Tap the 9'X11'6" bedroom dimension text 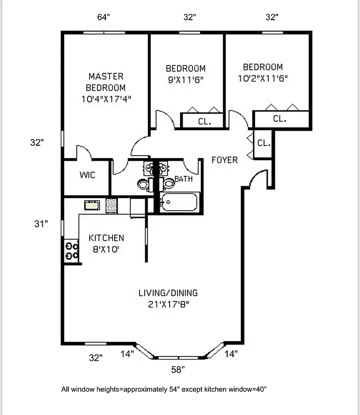pyautogui.click(x=185, y=80)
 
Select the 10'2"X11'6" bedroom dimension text pyautogui.click(x=262, y=78)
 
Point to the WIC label pyautogui.click(x=87, y=175)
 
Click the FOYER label pyautogui.click(x=225, y=160)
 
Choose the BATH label pyautogui.click(x=183, y=179)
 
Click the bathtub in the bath pyautogui.click(x=178, y=202)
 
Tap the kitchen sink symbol pyautogui.click(x=92, y=205)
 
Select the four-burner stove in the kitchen pyautogui.click(x=72, y=251)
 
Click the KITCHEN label pyautogui.click(x=106, y=238)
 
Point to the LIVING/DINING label pyautogui.click(x=168, y=293)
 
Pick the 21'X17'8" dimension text pyautogui.click(x=168, y=305)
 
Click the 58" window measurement pyautogui.click(x=178, y=370)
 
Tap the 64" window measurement pyautogui.click(x=104, y=17)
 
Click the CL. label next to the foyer pyautogui.click(x=264, y=143)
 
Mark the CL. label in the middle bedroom pyautogui.click(x=204, y=122)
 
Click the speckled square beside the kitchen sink pyautogui.click(x=112, y=205)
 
